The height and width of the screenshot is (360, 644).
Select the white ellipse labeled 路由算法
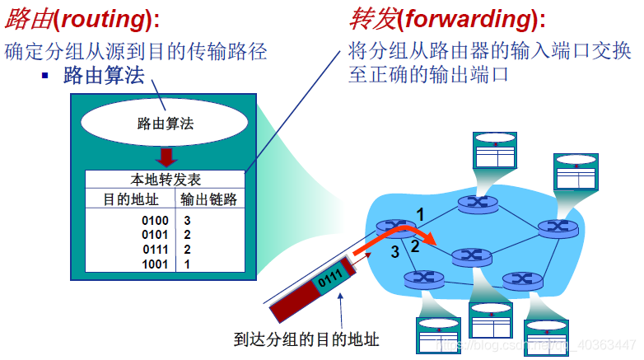(165, 124)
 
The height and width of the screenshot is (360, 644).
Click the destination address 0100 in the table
(155, 221)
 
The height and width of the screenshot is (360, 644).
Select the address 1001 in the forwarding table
(155, 264)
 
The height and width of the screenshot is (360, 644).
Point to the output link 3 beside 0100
(187, 221)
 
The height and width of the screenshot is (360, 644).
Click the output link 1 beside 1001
(187, 264)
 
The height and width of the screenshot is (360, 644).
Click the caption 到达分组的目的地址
(306, 339)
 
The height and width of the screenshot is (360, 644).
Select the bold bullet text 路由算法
(103, 77)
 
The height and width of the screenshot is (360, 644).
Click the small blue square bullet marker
(46, 76)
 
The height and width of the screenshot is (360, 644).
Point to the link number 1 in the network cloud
(420, 214)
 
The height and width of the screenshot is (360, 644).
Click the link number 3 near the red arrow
(395, 251)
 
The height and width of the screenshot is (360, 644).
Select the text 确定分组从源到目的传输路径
(136, 51)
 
